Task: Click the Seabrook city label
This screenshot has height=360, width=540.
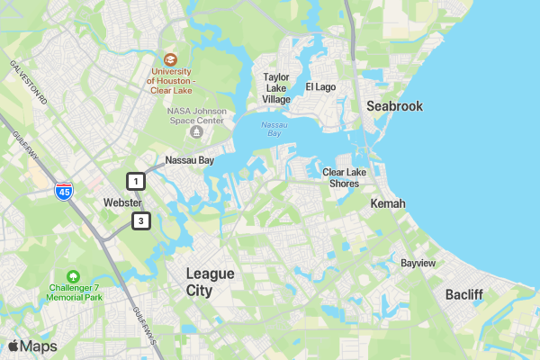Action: coord(394,106)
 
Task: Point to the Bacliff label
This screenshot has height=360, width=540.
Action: coord(464,294)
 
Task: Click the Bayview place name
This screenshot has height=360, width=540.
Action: coord(418,264)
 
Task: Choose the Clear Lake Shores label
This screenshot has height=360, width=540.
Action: coord(340,177)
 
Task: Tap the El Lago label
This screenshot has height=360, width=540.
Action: coord(320,87)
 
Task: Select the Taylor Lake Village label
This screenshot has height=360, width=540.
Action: coord(276,88)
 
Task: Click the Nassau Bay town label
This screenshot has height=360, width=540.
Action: coord(189,160)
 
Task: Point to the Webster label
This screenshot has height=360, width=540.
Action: coord(122,202)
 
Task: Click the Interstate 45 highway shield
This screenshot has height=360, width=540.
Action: coord(63,191)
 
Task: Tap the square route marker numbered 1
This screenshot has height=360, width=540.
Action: coord(136,181)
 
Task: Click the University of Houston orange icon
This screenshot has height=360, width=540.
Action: coord(171,58)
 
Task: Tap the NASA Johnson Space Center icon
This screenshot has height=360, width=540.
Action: coord(196,132)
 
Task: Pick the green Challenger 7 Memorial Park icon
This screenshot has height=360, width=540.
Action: coord(73,276)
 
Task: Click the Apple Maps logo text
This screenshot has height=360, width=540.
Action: coord(32,346)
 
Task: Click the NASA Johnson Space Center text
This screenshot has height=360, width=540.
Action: coord(195,115)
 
